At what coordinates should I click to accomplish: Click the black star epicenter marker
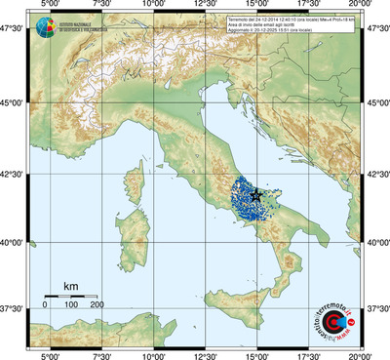[256, 195]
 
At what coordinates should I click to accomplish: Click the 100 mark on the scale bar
[71, 304]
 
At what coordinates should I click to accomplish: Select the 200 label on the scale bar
[97, 304]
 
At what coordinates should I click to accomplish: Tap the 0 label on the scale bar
[45, 304]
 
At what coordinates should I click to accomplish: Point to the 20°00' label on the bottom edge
[363, 354]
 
